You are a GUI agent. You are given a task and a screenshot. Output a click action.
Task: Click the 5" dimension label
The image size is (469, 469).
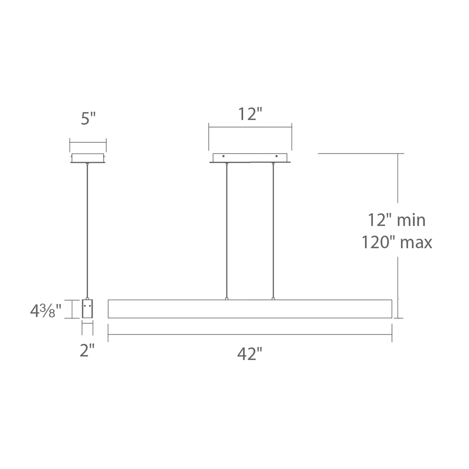[x=88, y=119]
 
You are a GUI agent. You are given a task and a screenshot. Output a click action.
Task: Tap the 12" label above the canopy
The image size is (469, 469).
[x=250, y=114]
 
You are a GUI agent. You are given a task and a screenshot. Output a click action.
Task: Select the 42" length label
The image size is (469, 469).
[x=249, y=354]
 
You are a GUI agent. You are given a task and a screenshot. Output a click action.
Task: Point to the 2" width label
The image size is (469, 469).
[x=87, y=351]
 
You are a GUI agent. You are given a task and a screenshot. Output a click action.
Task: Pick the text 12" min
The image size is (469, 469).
[x=396, y=220]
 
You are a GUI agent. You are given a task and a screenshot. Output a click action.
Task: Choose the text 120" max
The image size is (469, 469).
[x=397, y=242]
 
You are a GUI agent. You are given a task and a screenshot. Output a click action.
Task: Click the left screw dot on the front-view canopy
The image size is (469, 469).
[x=223, y=156]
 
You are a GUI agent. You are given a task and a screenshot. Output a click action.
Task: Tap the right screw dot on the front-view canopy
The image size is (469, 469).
[x=277, y=156]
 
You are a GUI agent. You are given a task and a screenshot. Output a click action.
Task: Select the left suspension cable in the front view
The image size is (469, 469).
[x=227, y=230]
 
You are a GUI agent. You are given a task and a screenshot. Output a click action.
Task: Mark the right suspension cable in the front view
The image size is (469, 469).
[x=273, y=230]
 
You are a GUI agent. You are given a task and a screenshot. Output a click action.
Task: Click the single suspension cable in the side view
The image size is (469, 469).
[x=87, y=230]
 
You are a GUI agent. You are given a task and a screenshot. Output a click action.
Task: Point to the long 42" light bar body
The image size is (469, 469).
[x=250, y=309]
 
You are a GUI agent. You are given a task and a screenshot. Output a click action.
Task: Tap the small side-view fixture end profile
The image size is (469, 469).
[x=87, y=309]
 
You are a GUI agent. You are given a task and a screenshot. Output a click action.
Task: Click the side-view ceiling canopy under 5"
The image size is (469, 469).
[x=88, y=158]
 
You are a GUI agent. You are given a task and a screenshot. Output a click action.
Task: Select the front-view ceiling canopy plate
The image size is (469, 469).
[x=250, y=158]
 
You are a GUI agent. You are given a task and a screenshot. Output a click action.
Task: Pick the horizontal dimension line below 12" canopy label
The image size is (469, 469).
[x=250, y=128]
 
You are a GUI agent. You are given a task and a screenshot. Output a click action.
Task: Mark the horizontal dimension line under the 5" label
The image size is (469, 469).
[x=88, y=142]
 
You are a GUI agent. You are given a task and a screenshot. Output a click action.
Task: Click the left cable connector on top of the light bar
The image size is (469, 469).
[x=227, y=299]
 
